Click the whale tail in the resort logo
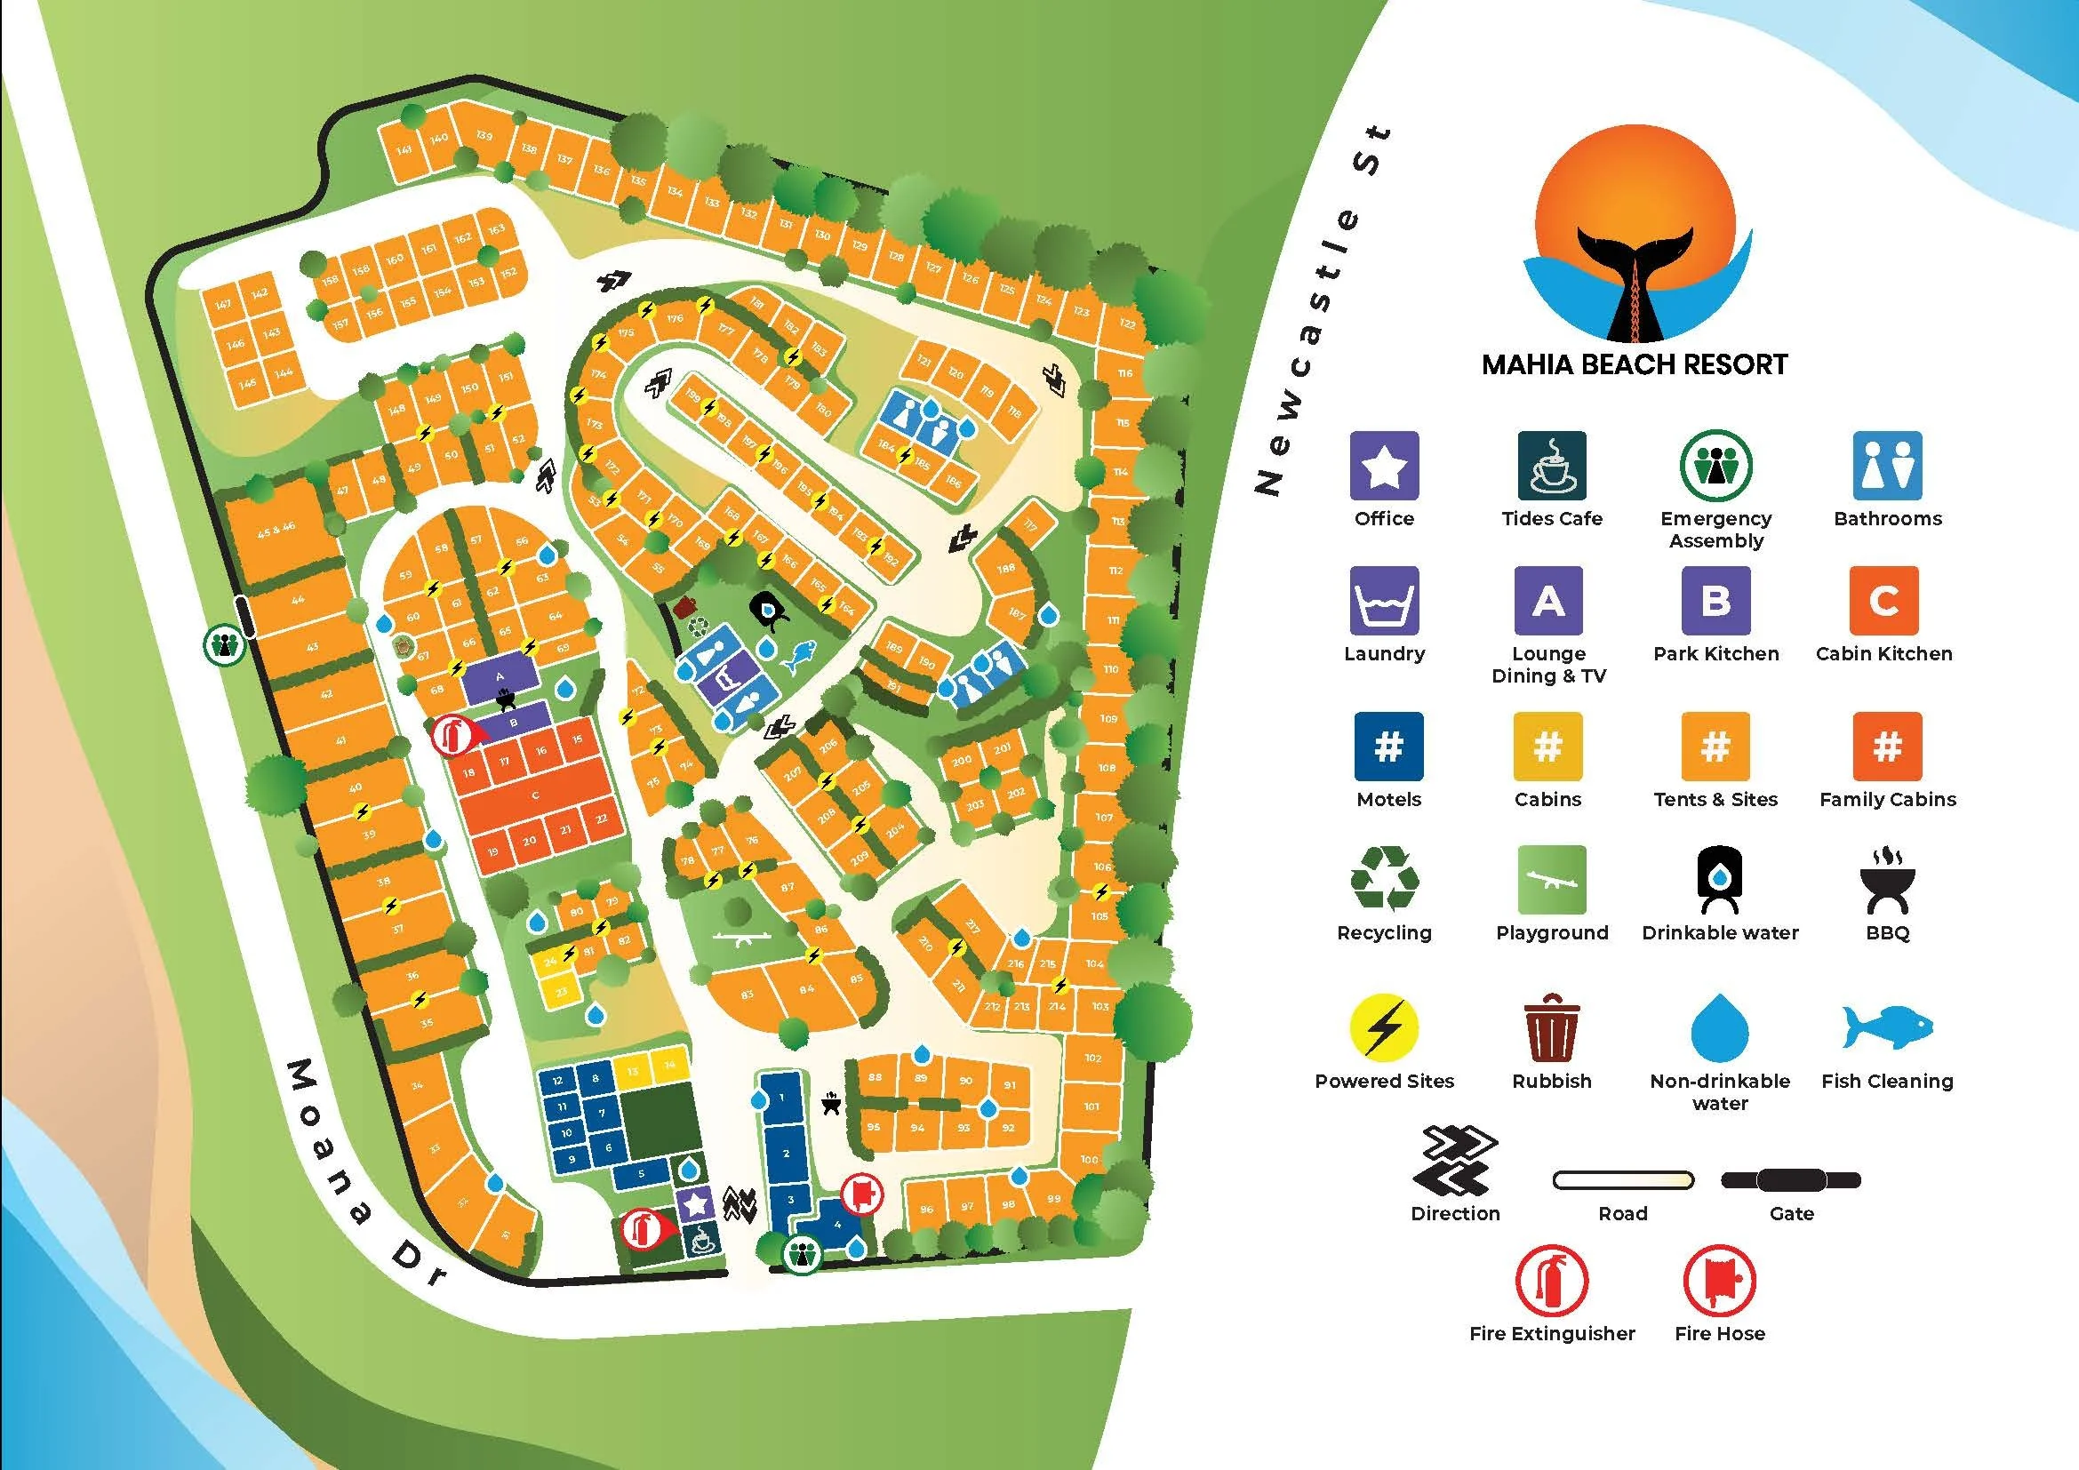[x=1635, y=272]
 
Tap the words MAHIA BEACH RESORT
[x=1635, y=364]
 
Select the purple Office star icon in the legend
[x=1384, y=465]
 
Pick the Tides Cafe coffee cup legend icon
[x=1551, y=465]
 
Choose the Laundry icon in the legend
[x=1384, y=600]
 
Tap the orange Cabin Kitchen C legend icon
[x=1883, y=600]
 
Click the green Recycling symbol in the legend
[x=1384, y=878]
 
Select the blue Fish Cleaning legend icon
[x=1887, y=1027]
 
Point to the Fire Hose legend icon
[x=1719, y=1281]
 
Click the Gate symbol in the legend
[x=1790, y=1180]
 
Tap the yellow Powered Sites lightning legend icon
[x=1384, y=1027]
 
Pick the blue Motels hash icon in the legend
[x=1388, y=746]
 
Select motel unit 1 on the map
[x=781, y=1098]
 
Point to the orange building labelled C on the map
[x=535, y=795]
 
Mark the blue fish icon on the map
[x=800, y=655]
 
